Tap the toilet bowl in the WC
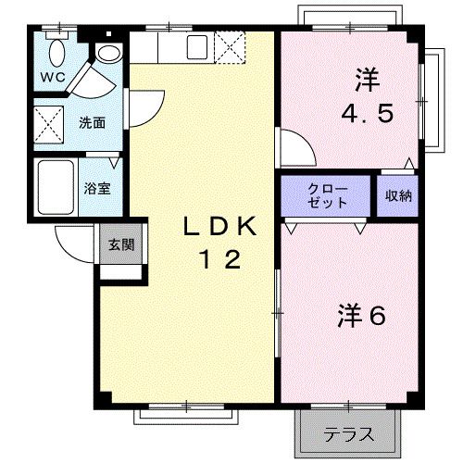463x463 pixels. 57,50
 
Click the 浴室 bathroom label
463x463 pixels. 97,186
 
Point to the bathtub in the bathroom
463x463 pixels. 56,187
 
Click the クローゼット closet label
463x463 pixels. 328,195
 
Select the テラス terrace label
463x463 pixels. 348,432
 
